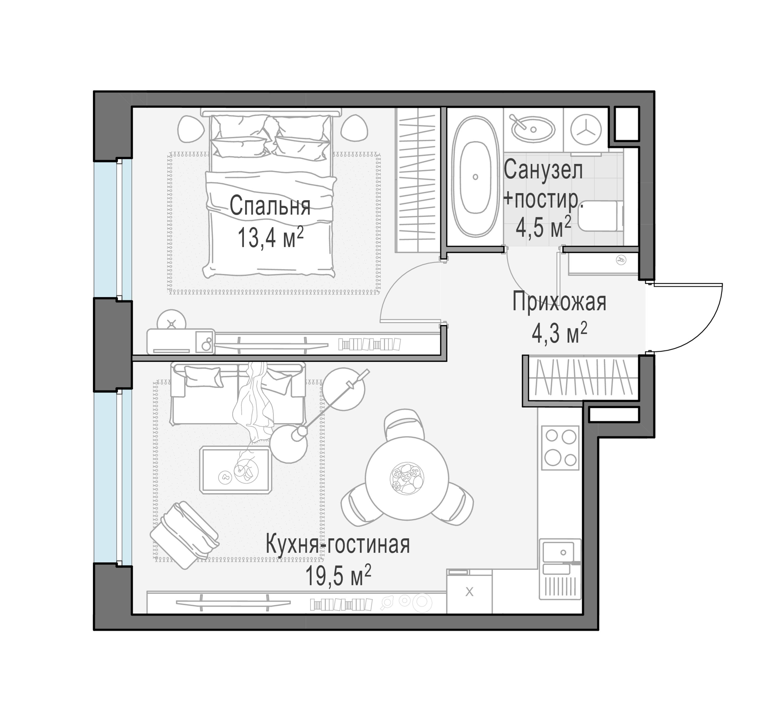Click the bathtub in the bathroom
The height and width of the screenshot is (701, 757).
(475, 177)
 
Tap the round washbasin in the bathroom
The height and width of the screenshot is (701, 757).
(533, 128)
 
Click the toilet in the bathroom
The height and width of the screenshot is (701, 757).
(602, 216)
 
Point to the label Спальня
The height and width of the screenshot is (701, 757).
(270, 206)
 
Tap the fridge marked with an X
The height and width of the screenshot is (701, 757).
(469, 592)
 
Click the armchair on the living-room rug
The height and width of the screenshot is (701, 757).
(185, 534)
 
